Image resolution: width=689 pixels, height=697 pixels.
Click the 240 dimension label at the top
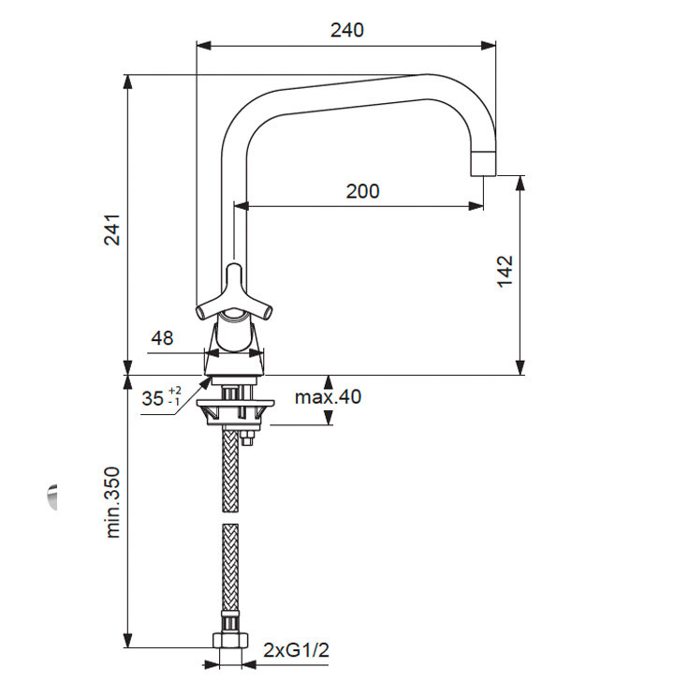[347, 30]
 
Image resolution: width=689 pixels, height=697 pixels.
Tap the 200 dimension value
[362, 191]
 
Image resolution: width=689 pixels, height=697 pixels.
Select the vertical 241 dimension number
[112, 230]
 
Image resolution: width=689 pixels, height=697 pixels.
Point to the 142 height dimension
[505, 272]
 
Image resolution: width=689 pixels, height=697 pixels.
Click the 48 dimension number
[162, 338]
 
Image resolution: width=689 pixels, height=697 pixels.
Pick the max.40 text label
[328, 397]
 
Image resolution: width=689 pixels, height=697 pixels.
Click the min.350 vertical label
[112, 502]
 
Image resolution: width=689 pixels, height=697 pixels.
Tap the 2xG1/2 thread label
[297, 650]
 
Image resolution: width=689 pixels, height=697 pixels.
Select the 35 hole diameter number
[153, 398]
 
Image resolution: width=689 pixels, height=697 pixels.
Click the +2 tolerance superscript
[175, 391]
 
